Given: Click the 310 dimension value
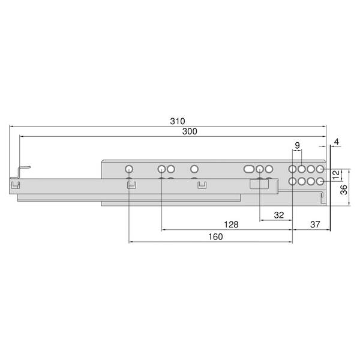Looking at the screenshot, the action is click(x=177, y=121).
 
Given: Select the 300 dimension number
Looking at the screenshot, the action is click(x=190, y=131).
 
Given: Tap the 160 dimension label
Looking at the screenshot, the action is click(x=215, y=236).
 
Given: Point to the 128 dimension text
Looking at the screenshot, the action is click(x=231, y=224).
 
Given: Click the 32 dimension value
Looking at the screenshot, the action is click(x=279, y=215).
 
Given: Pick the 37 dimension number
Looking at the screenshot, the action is click(x=315, y=224).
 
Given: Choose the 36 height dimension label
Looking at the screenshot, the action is click(x=344, y=190).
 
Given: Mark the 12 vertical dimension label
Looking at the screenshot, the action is click(x=335, y=175).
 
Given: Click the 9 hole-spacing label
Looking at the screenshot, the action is click(x=298, y=145).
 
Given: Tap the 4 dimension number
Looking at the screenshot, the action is click(x=337, y=142).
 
